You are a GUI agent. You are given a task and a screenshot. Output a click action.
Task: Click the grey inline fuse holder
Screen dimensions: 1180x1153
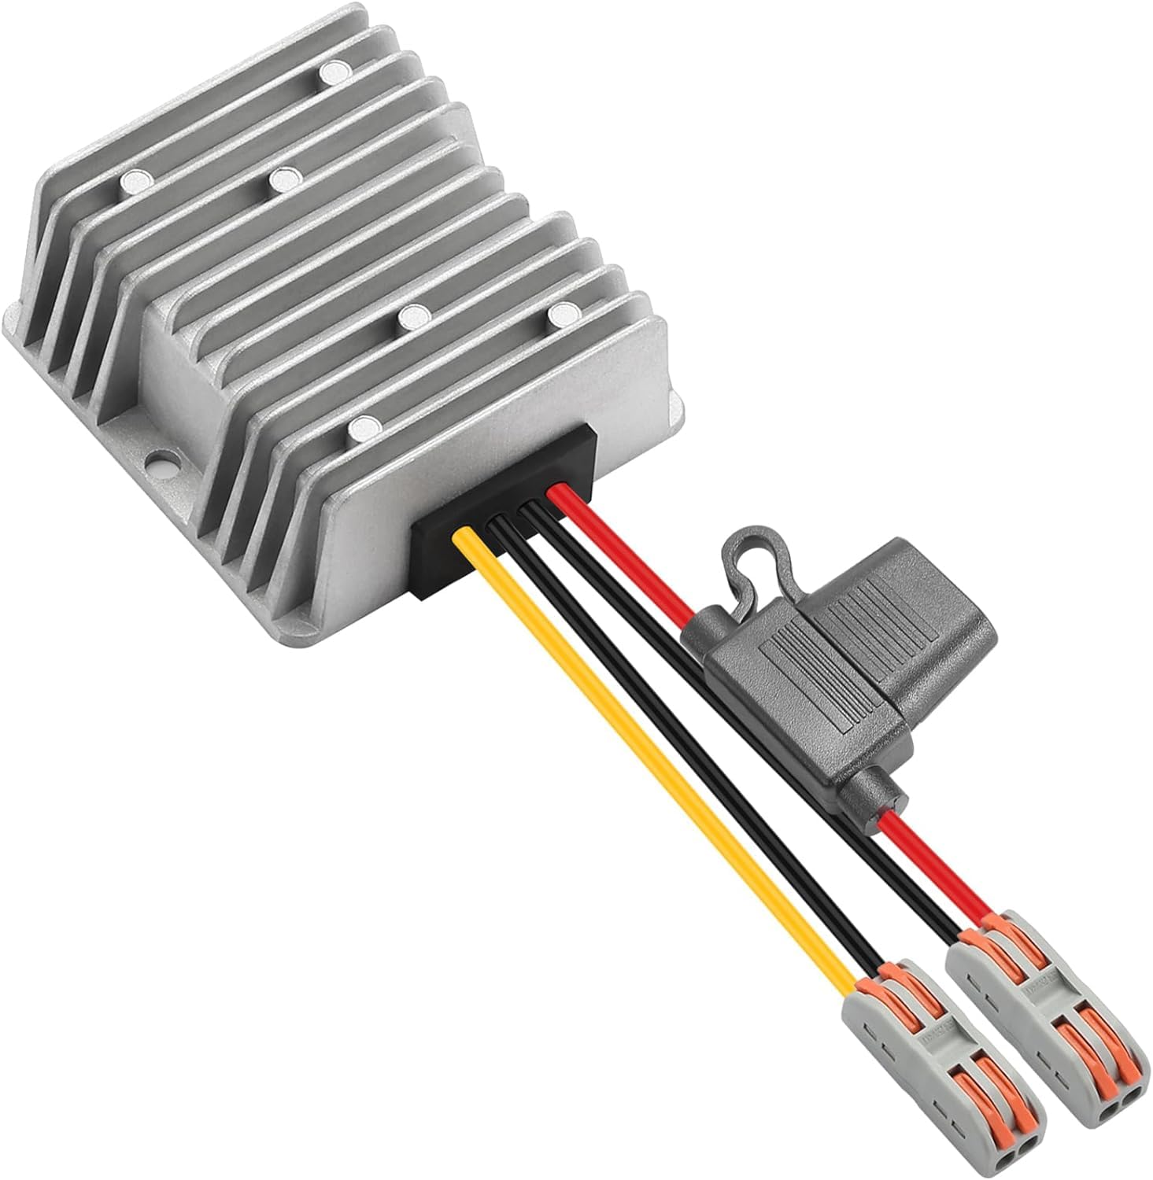pos(819,677)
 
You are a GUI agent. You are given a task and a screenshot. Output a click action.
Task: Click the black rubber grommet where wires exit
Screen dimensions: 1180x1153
pos(504,511)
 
